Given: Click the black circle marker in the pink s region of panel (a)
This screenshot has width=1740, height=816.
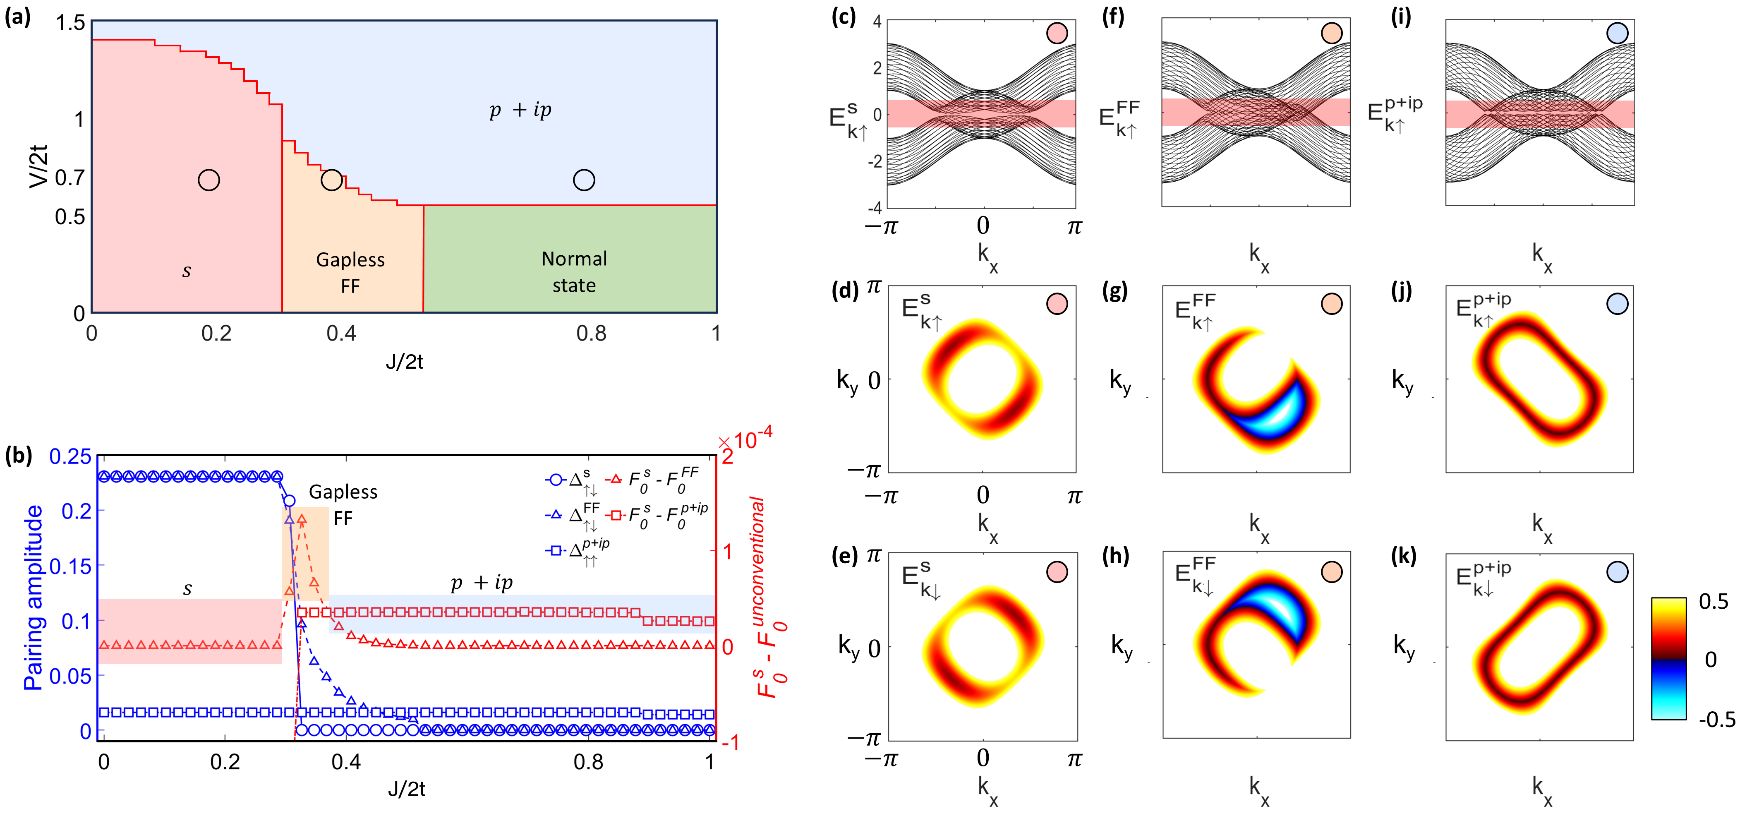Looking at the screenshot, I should [x=209, y=180].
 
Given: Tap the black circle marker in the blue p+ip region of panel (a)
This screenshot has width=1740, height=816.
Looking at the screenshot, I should [x=584, y=180].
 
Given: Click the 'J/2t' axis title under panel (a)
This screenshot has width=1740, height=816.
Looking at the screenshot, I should [x=404, y=362].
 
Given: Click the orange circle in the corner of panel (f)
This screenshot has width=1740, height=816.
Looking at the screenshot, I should [x=1331, y=33].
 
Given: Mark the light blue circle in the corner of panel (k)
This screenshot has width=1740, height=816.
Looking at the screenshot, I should [x=1617, y=572].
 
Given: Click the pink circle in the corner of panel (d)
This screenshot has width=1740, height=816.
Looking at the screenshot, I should [x=1057, y=304].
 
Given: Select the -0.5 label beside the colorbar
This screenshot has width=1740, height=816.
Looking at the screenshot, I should [x=1716, y=720].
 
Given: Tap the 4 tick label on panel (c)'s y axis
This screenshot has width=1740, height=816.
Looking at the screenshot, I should [x=877, y=22].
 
